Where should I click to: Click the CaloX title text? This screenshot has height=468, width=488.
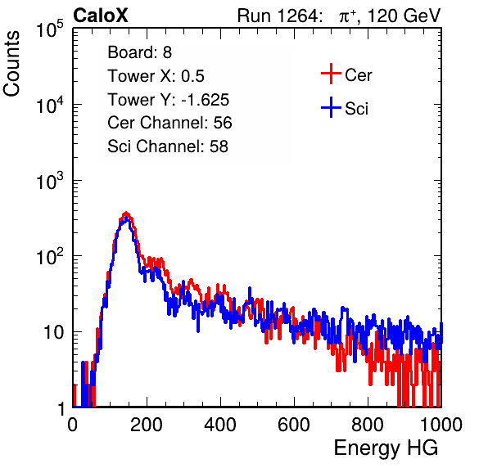[101, 16]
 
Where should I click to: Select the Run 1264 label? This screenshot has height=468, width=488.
[278, 16]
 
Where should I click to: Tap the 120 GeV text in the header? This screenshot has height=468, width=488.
[404, 16]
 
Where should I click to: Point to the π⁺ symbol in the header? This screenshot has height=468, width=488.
[348, 16]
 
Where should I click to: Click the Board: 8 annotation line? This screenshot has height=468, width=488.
[140, 52]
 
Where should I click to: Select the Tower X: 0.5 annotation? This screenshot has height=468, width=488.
[156, 76]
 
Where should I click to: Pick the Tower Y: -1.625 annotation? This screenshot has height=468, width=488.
[169, 100]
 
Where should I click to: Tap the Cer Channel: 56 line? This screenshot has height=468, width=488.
[169, 123]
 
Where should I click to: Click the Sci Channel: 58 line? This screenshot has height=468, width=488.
[168, 146]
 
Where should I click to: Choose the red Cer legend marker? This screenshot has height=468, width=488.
[331, 74]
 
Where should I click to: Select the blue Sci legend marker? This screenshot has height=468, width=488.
[331, 107]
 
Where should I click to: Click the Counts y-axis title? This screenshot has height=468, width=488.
[11, 64]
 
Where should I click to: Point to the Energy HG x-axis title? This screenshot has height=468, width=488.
[386, 448]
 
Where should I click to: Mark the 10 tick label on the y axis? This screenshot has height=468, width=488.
[54, 332]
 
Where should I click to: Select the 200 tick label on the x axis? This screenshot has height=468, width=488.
[147, 425]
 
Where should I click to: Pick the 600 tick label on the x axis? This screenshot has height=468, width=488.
[294, 425]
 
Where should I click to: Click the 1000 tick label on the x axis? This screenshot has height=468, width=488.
[441, 425]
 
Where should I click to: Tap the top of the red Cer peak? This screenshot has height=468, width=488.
[126, 213]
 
